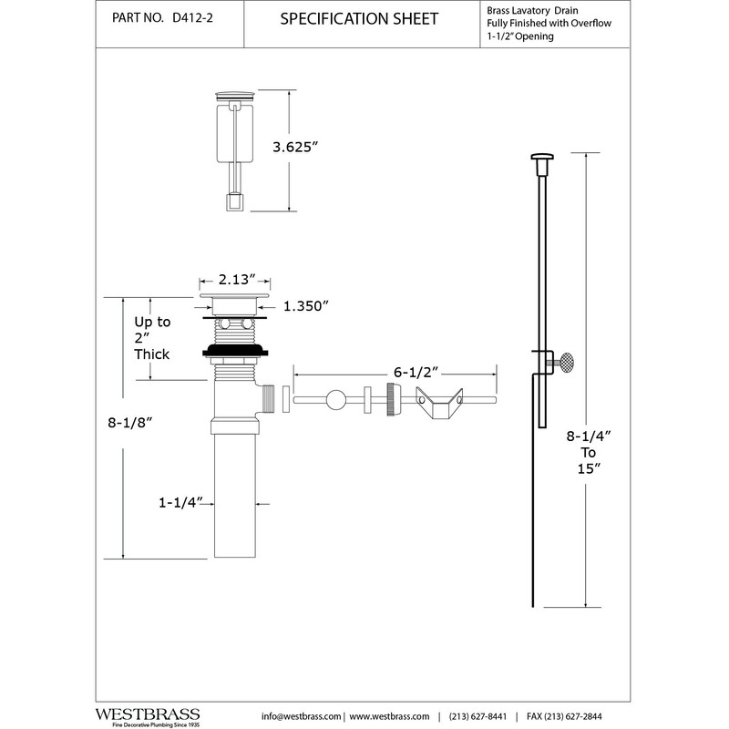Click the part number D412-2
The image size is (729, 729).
(x=192, y=17)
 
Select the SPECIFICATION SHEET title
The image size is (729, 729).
(x=359, y=18)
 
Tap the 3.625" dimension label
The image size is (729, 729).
(x=294, y=147)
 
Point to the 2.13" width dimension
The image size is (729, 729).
(x=237, y=280)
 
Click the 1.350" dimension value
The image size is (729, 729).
(x=306, y=306)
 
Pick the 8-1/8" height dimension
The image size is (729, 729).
(x=130, y=423)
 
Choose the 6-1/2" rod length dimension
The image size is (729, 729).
(x=416, y=373)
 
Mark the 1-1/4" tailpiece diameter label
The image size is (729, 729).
(x=180, y=503)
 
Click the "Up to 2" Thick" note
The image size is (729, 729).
(x=152, y=338)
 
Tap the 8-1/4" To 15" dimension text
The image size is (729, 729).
(x=588, y=452)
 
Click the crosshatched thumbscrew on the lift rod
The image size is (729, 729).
(x=566, y=362)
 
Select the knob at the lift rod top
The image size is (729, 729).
(x=542, y=161)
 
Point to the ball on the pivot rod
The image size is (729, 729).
(x=335, y=400)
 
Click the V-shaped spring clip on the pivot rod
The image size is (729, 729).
(x=439, y=403)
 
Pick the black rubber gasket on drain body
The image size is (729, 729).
(x=235, y=351)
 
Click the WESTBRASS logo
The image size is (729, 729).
(x=148, y=717)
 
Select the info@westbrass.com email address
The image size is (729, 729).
(x=301, y=716)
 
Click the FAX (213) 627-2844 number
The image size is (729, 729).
(x=564, y=716)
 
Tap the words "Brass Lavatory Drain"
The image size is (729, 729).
(x=532, y=10)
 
